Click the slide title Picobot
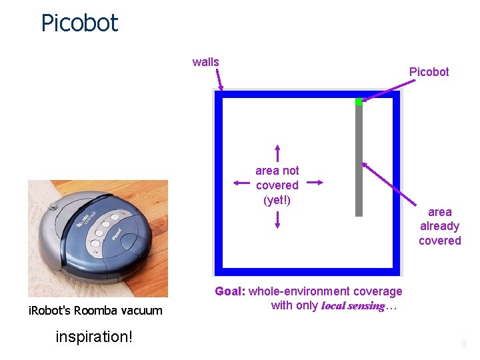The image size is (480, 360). coord(79,23)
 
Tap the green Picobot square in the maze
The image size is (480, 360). coord(359,101)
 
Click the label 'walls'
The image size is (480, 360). coord(205,62)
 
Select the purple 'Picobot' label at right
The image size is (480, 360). coord(429,71)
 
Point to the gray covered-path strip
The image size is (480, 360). coord(359,160)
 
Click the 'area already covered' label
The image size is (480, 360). coord(439,226)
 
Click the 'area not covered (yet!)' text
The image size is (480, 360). coord(277,185)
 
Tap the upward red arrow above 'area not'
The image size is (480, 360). coord(277,152)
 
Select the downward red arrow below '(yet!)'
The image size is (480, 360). coord(277,219)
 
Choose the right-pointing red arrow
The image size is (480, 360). coord(315,181)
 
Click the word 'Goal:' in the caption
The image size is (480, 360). coord(230,291)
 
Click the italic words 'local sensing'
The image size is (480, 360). coord(353,306)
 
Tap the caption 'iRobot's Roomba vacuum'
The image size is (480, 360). coord(95,310)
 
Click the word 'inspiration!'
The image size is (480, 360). coord(94,337)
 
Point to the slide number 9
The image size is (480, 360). coord(464,344)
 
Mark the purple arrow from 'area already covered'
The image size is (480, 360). coord(390,183)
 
